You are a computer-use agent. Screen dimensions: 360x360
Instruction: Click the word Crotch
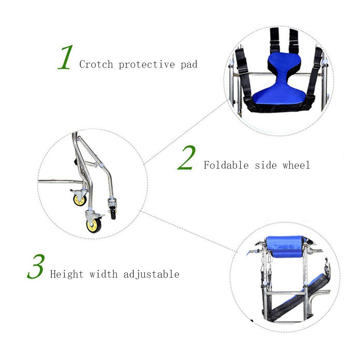pos(96,64)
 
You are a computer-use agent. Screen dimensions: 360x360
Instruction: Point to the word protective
pos(147,65)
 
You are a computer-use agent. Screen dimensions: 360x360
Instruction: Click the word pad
pos(189,65)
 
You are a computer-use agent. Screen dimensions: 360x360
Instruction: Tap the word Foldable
pos(226,165)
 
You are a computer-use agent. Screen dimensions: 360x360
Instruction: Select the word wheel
pos(296,165)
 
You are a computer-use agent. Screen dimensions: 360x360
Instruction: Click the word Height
pos(66,274)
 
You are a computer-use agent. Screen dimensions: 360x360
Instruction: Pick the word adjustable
pos(151,274)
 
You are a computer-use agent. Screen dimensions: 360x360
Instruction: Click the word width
pos(104,274)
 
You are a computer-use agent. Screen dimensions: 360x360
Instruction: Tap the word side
pos(266,165)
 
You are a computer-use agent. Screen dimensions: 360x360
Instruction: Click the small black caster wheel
pos(113,213)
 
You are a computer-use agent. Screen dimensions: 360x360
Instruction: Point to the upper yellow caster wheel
pos(80,200)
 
